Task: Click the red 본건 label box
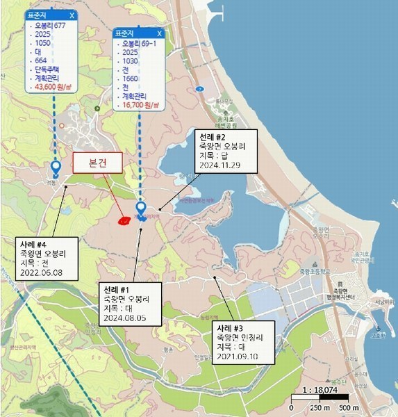97,161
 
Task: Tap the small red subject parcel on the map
124,221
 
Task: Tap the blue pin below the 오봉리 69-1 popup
141,208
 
